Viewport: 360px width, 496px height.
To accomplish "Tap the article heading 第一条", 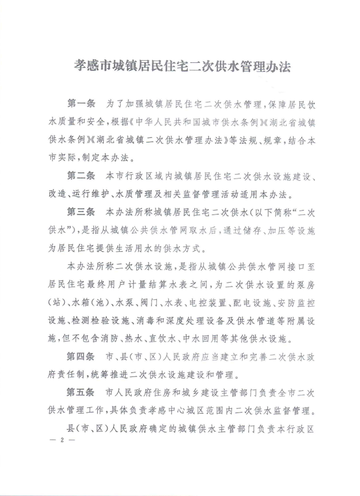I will click(81, 105).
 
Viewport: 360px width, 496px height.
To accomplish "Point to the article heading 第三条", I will click(81, 211).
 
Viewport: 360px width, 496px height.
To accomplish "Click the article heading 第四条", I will click(81, 357).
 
